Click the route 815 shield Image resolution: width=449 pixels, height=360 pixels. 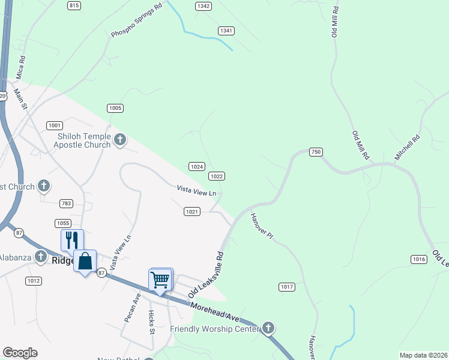pyautogui.click(x=74, y=5)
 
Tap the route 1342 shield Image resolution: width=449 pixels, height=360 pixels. pyautogui.click(x=203, y=5)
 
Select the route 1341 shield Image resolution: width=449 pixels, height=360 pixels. pyautogui.click(x=226, y=31)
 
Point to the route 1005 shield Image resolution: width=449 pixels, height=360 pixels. pyautogui.click(x=115, y=108)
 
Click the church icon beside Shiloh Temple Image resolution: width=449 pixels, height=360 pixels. pyautogui.click(x=120, y=140)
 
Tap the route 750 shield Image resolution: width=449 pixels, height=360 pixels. pyautogui.click(x=316, y=152)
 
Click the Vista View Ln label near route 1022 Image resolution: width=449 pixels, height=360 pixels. pyautogui.click(x=196, y=191)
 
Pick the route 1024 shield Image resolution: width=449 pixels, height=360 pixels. pyautogui.click(x=197, y=166)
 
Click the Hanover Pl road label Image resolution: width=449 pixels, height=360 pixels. pyautogui.click(x=262, y=227)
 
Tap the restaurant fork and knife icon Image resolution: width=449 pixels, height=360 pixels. pyautogui.click(x=72, y=240)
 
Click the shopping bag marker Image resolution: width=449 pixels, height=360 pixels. pyautogui.click(x=85, y=261)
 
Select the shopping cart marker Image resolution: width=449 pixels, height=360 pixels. pyautogui.click(x=160, y=279)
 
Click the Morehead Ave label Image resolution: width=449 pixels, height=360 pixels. pyautogui.click(x=215, y=314)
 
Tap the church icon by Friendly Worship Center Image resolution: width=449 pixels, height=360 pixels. pyautogui.click(x=268, y=328)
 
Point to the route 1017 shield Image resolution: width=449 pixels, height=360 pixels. pyautogui.click(x=287, y=287)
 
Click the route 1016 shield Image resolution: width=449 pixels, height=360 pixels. pyautogui.click(x=419, y=259)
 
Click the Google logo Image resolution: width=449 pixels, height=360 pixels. pyautogui.click(x=20, y=353)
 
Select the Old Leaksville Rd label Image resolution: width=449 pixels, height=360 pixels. pyautogui.click(x=206, y=275)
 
